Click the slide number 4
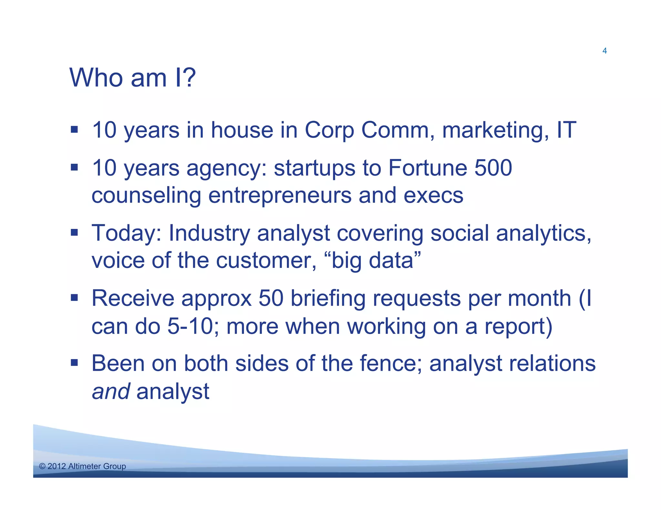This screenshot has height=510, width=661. [605, 51]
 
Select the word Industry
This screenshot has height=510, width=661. [209, 233]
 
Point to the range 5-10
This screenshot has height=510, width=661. [190, 326]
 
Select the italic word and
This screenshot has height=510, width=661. [111, 392]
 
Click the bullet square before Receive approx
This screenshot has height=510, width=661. [75, 297]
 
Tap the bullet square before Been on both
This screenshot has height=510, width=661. [75, 363]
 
